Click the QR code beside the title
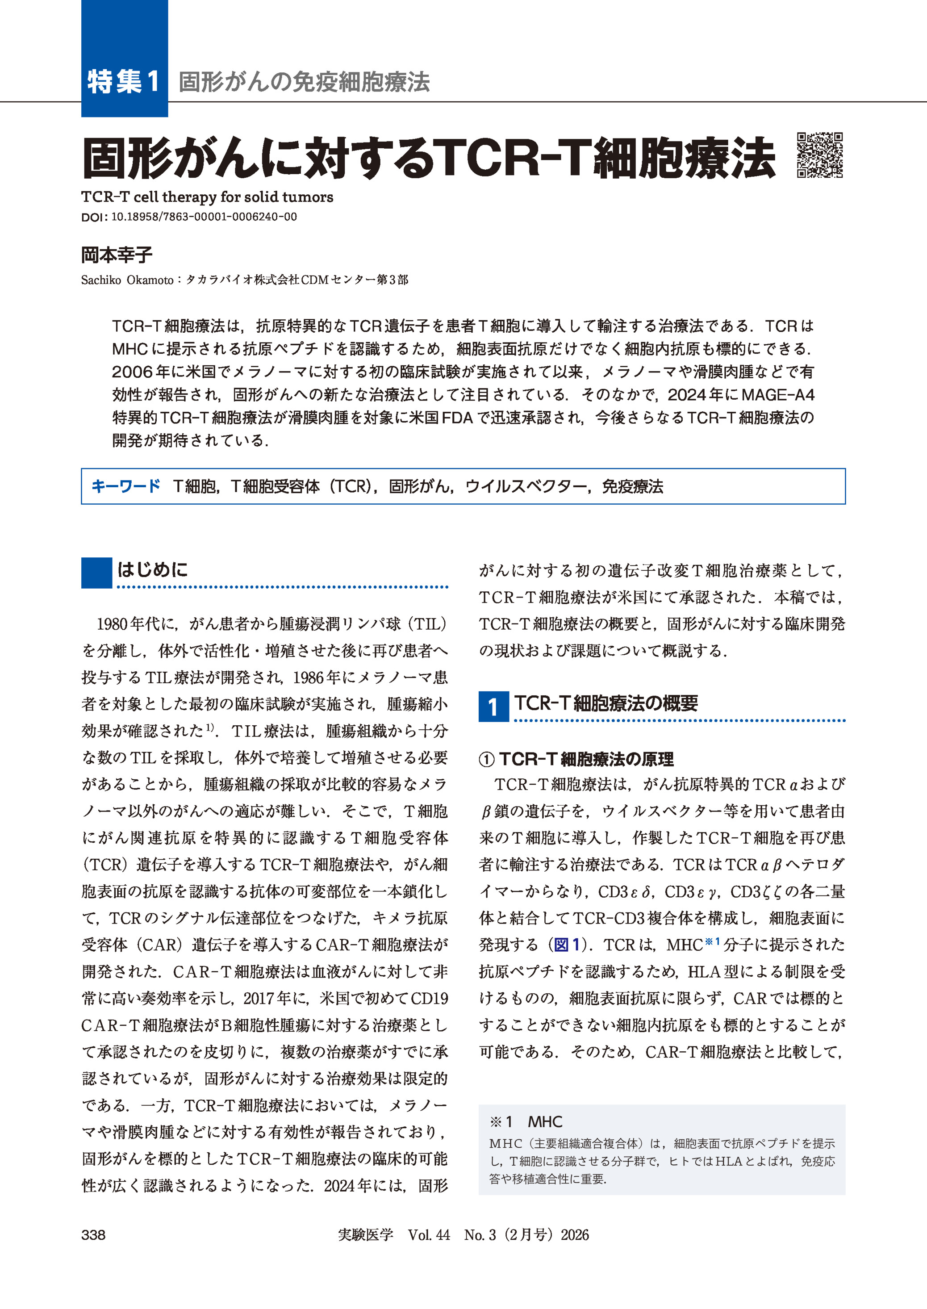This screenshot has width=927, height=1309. click(820, 155)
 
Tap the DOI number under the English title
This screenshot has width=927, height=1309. click(204, 217)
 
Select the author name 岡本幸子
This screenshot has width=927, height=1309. click(117, 255)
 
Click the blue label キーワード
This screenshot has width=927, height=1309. click(125, 486)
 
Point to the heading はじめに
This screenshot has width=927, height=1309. click(152, 569)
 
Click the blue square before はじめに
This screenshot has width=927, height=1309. click(96, 573)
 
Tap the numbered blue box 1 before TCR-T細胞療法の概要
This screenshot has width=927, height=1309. click(493, 707)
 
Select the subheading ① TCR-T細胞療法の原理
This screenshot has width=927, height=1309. click(576, 759)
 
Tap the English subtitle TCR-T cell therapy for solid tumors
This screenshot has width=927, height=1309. click(207, 197)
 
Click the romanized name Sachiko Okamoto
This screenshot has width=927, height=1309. click(127, 280)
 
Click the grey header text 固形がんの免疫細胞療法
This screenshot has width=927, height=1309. click(304, 82)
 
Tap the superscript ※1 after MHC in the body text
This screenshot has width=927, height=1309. click(714, 941)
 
